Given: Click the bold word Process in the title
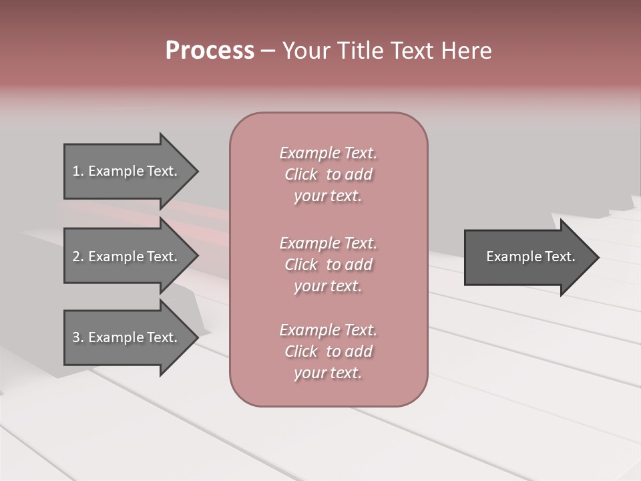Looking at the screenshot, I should coord(210,51).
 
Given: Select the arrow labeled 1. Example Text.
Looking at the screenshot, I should coord(125,171).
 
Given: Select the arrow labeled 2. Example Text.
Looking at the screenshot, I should coord(125,257).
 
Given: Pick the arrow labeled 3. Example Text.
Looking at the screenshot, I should coord(125,337).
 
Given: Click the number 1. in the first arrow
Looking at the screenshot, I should coord(77,171).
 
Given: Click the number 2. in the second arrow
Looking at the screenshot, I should coord(77,257).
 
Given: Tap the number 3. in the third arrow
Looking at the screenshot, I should coord(77,337).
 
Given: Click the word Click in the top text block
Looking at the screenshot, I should coord(301,174).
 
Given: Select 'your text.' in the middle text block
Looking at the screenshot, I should coord(328,286).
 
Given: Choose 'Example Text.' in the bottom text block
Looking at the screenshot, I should coord(328,330).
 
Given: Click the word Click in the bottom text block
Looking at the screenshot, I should coord(301,351).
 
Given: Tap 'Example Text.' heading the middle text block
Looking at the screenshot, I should coord(328,243).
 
